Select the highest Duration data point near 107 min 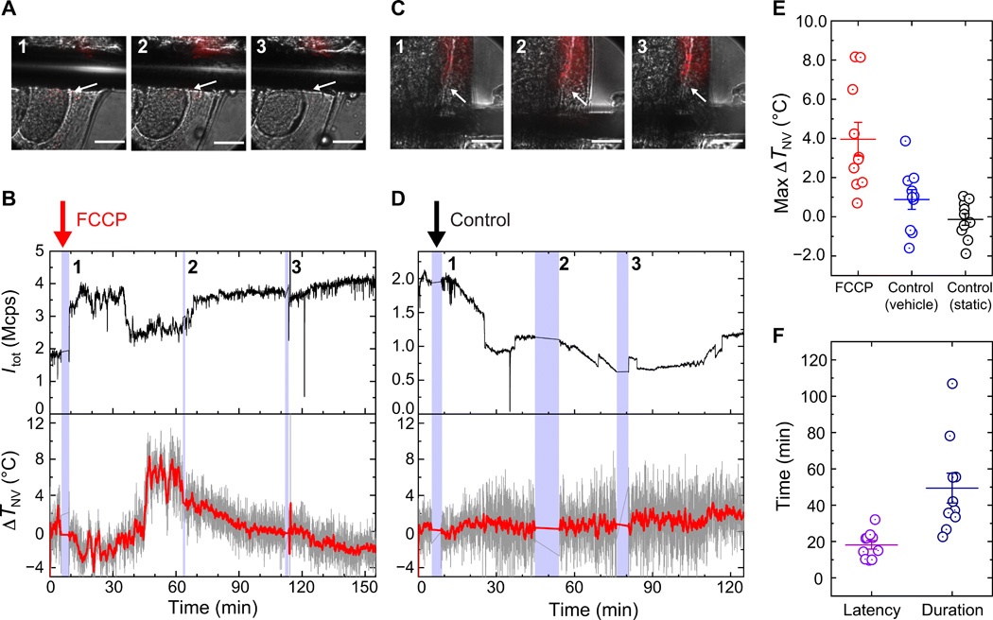[x=952, y=383]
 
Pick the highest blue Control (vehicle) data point [x=904, y=141]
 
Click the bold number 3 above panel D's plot [x=635, y=266]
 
